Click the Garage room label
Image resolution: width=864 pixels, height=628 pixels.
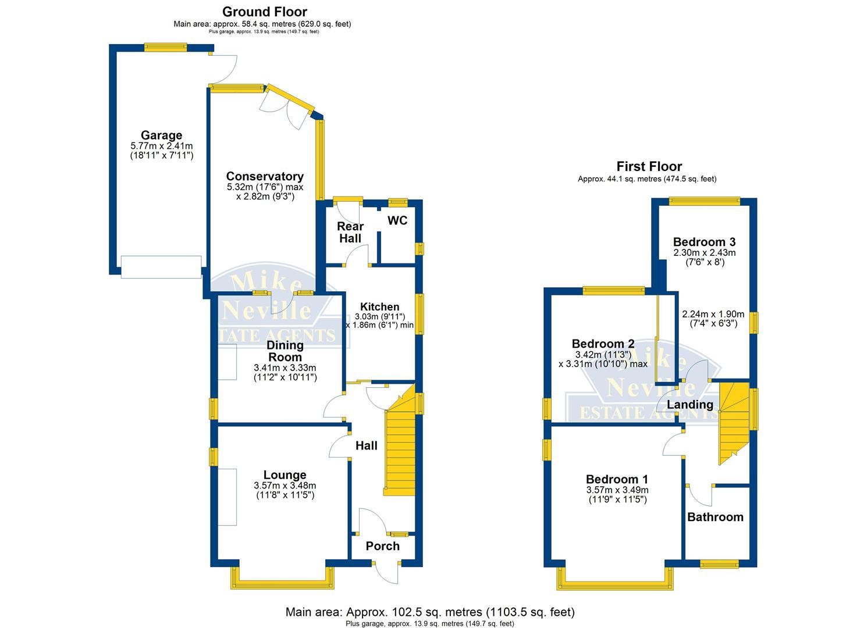161,135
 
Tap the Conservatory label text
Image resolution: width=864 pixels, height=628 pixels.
265,176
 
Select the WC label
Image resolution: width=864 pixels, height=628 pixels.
397,221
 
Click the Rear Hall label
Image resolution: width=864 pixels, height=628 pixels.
350,232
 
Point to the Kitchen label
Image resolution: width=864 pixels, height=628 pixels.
379,306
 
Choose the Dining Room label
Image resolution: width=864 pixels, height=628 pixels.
285,351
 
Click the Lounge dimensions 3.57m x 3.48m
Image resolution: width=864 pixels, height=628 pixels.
285,486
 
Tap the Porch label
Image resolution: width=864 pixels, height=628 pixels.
382,546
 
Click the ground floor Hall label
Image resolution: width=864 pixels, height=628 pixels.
366,445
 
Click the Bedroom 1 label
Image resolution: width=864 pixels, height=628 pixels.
617,479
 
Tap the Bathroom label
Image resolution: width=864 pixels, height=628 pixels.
715,517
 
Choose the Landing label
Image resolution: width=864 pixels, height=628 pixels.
689,404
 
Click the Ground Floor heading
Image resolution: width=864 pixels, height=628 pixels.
265,12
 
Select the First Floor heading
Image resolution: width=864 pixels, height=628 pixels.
649,167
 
